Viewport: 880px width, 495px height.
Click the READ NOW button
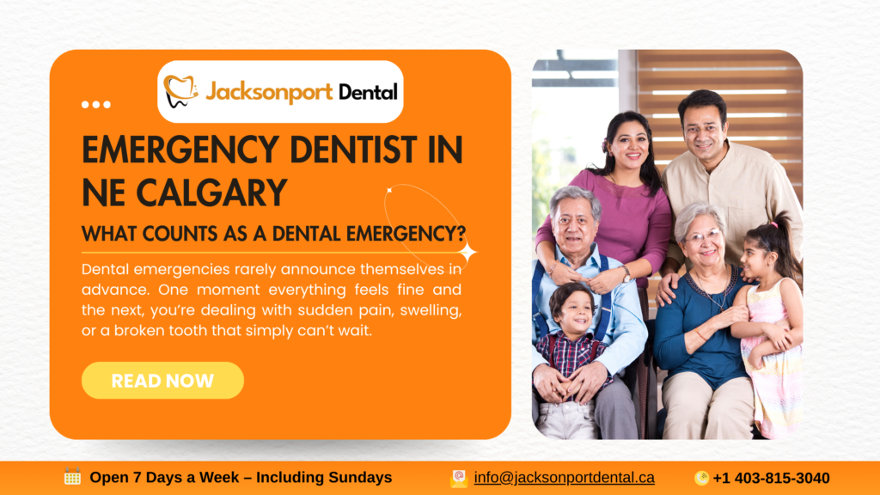click(x=162, y=381)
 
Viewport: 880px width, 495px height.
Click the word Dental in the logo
click(x=368, y=91)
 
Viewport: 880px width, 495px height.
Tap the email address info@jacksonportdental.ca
click(x=564, y=478)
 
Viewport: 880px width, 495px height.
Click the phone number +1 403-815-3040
click(x=771, y=478)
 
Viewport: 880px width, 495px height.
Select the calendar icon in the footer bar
click(x=73, y=477)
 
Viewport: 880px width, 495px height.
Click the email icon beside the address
click(x=459, y=478)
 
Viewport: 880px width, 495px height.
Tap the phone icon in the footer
click(x=701, y=478)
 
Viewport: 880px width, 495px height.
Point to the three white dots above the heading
click(x=96, y=105)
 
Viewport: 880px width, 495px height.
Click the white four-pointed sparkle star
click(x=467, y=252)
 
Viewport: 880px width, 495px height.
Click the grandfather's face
click(x=574, y=223)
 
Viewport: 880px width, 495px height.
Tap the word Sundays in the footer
click(x=360, y=478)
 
